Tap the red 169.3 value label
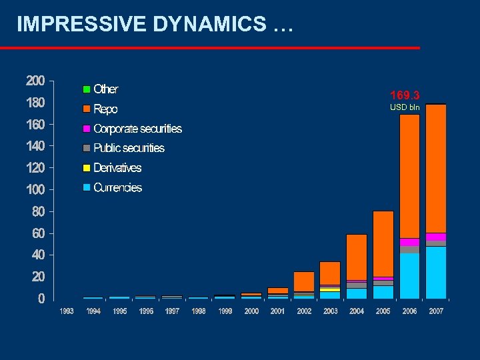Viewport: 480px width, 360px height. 405,95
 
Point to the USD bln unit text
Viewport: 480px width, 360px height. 405,107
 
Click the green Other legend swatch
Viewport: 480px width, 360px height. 86,89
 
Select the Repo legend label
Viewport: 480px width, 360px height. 105,109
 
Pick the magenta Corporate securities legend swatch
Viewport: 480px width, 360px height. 86,129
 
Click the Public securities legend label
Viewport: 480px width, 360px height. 129,148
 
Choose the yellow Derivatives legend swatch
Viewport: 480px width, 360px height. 86,168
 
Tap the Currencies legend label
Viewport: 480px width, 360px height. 117,188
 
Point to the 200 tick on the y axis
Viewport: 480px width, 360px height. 35,81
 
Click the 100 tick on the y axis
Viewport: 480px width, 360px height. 35,190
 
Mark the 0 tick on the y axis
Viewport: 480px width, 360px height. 41,299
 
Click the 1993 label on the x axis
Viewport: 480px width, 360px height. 67,311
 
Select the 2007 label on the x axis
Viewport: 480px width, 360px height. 437,311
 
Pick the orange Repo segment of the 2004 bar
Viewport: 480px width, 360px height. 357,257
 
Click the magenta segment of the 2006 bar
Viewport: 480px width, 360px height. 409,242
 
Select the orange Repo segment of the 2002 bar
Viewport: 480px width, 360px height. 304,281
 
